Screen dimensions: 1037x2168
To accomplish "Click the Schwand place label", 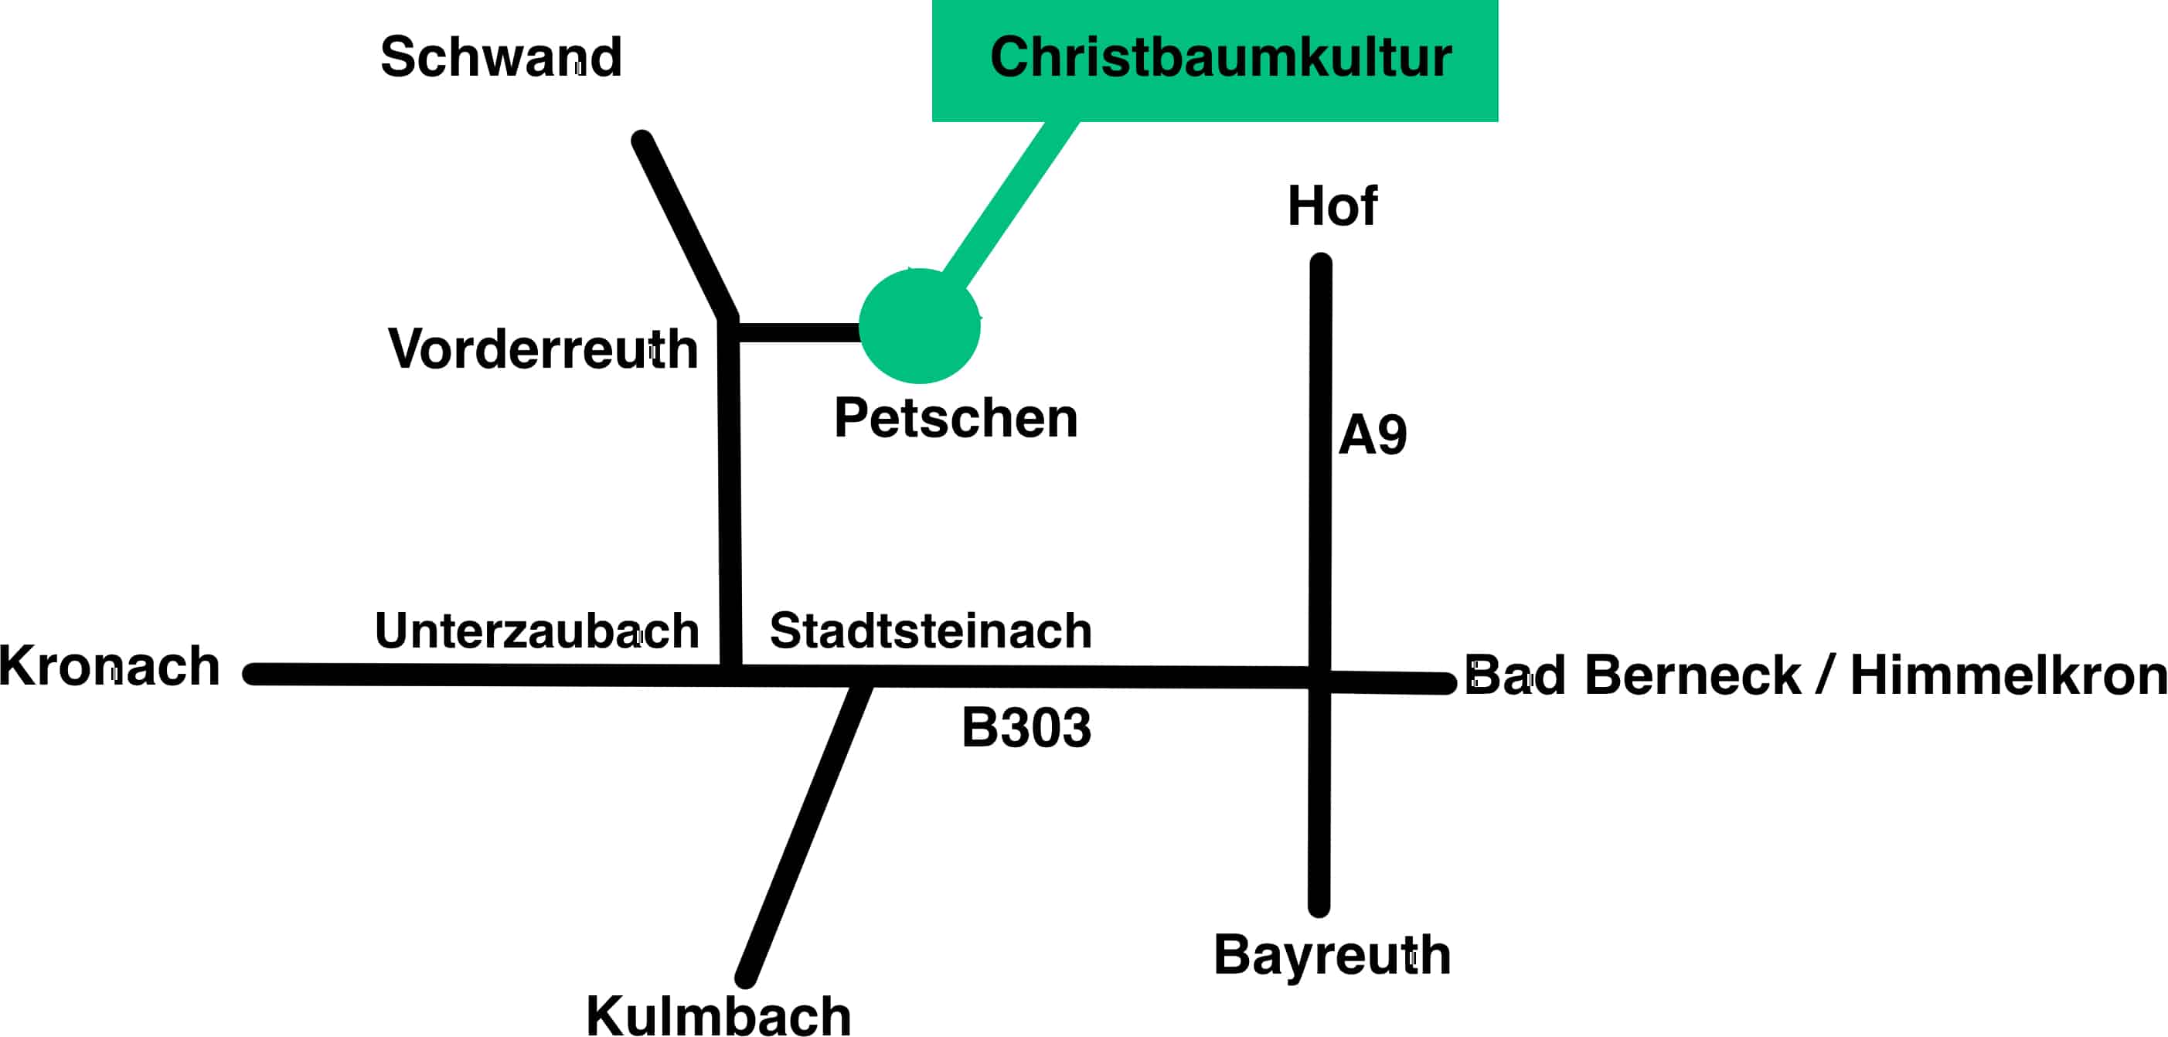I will (501, 57).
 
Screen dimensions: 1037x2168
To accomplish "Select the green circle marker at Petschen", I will (920, 326).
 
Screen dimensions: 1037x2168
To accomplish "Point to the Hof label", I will (1332, 206).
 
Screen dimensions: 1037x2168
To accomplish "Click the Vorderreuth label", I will (543, 348).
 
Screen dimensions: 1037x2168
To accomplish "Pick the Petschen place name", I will (955, 417).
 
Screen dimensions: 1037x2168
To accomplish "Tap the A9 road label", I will (1372, 435).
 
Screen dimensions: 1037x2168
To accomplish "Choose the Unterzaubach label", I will (537, 631).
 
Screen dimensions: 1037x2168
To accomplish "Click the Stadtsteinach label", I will (930, 631).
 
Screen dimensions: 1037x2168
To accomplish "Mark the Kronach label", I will (110, 666).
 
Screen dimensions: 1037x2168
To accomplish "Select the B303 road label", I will (1026, 727).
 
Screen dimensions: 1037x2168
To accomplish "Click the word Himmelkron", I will (2008, 675).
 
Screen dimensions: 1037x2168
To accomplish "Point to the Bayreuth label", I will (1332, 954).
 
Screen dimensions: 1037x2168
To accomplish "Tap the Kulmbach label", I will (718, 1015).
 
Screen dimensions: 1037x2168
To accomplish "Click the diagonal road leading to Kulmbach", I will (804, 833).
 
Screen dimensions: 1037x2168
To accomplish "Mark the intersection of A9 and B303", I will (1319, 678).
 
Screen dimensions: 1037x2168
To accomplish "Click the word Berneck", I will (1692, 675).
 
